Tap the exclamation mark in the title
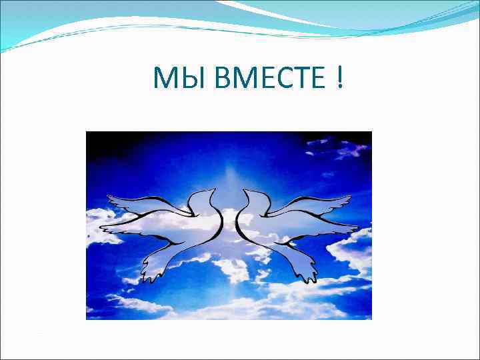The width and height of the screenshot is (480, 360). pos(341,79)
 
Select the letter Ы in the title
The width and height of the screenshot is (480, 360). pos(183,79)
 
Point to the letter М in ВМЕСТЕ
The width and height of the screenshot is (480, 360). pos(235,79)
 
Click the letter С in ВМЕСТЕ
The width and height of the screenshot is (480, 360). pos(275,79)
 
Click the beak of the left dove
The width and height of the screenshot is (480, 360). pos(215,189)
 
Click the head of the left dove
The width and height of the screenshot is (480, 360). pos(203,197)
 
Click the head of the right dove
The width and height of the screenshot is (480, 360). pos(255,197)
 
